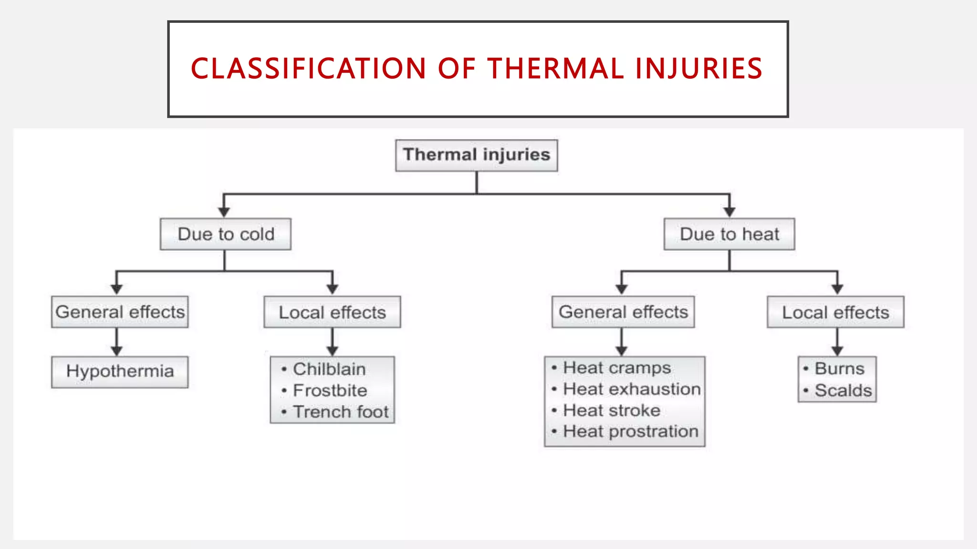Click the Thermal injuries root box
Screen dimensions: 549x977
pos(476,155)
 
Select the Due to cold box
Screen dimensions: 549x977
pos(226,234)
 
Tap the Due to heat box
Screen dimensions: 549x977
pos(729,234)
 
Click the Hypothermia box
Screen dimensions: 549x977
pos(120,372)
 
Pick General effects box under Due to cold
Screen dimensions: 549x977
pos(120,312)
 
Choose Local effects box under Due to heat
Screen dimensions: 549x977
pos(835,313)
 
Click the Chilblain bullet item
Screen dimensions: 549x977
pos(329,369)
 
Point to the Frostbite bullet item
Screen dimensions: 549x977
pos(330,391)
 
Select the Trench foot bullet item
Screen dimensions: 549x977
pos(341,412)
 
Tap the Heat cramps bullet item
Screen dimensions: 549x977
pos(617,368)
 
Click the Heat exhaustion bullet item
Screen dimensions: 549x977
pos(632,389)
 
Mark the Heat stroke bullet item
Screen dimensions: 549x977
pos(612,410)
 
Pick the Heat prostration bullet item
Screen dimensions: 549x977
pos(631,432)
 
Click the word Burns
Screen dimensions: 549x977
pos(840,369)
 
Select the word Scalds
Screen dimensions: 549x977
pos(843,391)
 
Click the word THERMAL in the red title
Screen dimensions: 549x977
pos(555,69)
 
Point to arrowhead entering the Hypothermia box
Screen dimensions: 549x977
pos(117,351)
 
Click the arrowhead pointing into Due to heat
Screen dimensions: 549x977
pos(729,212)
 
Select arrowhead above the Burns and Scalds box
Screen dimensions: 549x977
pos(837,351)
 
